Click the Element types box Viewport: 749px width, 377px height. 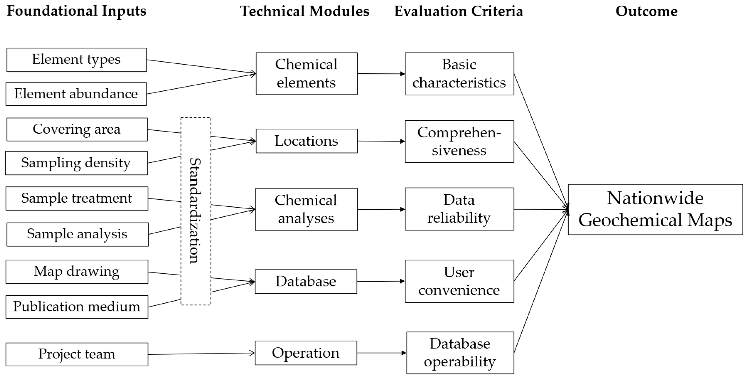point(76,60)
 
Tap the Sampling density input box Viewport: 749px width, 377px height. point(76,163)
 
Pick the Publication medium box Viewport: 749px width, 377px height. point(77,307)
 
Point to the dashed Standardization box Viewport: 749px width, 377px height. point(196,211)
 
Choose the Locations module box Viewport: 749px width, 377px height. point(306,141)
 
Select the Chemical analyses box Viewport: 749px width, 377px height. point(306,209)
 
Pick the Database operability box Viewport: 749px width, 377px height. point(460,353)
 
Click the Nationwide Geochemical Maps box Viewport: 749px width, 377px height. point(655,209)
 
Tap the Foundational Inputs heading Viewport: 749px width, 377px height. point(76,11)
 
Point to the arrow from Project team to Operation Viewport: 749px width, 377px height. point(201,354)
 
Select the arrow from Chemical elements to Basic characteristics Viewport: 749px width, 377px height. point(381,74)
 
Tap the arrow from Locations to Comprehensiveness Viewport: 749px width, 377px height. point(381,141)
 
